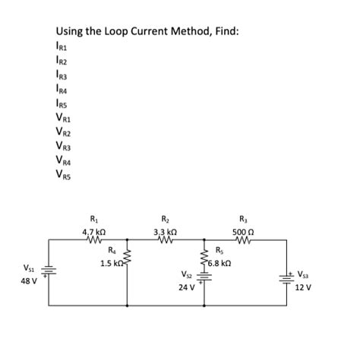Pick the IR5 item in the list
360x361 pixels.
[62, 103]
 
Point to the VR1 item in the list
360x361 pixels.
[64, 117]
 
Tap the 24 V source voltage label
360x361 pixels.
[186, 288]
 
